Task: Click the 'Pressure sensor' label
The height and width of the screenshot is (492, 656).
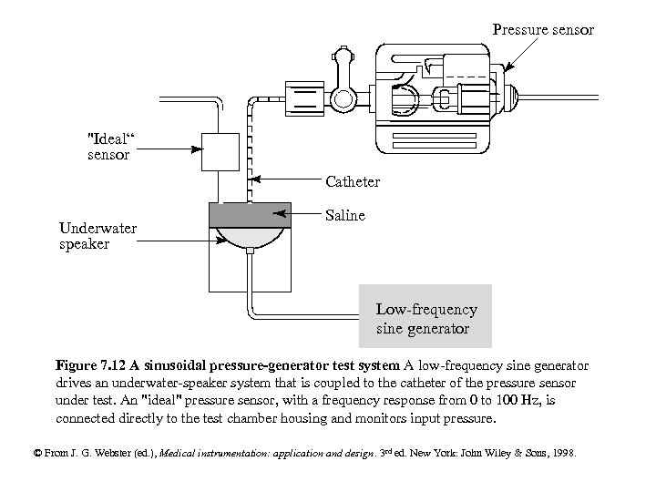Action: (x=543, y=30)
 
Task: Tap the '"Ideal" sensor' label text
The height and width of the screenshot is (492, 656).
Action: (x=108, y=146)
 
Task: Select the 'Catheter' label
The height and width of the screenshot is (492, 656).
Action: (x=353, y=181)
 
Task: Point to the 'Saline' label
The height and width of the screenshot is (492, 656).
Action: (x=345, y=215)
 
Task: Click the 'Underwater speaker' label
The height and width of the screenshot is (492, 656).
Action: (x=97, y=236)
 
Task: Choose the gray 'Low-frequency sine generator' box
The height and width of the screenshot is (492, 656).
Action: (x=425, y=316)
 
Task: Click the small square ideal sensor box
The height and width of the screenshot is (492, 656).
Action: (x=219, y=151)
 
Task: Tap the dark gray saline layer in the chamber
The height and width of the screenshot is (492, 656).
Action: (x=250, y=215)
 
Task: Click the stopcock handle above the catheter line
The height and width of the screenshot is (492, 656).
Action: (x=344, y=64)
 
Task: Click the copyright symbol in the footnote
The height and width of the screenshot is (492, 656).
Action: (x=37, y=452)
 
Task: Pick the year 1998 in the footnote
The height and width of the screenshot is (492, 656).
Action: (x=561, y=452)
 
